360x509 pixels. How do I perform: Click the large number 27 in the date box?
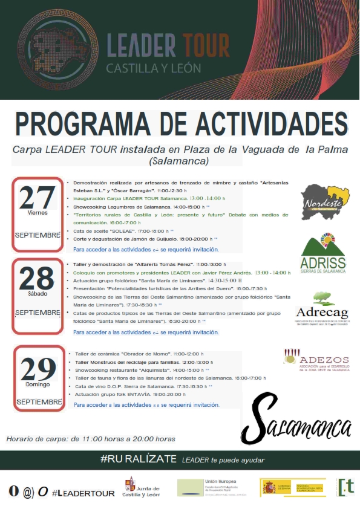click(x=38, y=197)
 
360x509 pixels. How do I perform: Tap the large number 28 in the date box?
click(x=38, y=279)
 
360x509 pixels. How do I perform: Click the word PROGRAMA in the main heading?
click(x=86, y=123)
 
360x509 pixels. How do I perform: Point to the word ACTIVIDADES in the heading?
click(x=258, y=123)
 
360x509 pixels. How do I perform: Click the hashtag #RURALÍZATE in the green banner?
click(x=138, y=460)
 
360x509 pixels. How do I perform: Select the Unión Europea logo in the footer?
click(x=208, y=487)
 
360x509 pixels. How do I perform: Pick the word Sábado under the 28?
click(x=37, y=294)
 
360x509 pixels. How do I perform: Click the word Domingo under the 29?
click(x=38, y=384)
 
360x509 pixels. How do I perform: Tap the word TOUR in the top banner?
click(x=203, y=44)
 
